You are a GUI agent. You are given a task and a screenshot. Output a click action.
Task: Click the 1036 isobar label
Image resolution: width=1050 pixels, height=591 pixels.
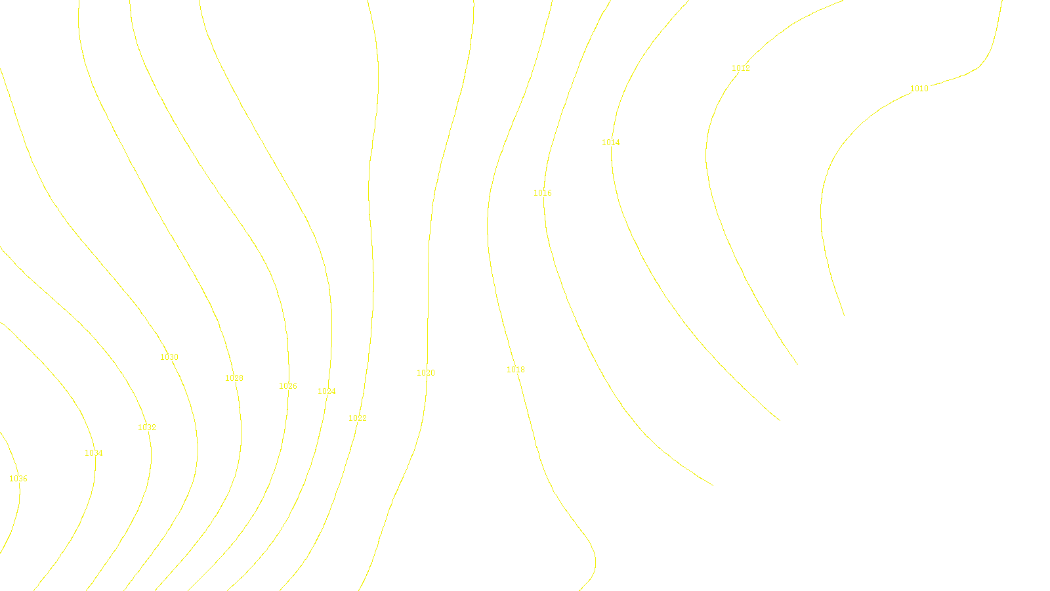pyautogui.click(x=18, y=479)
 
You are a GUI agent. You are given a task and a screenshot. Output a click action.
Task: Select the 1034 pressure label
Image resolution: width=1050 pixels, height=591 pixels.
pyautogui.click(x=94, y=453)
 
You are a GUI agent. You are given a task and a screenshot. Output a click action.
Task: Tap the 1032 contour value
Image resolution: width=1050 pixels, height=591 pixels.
pyautogui.click(x=147, y=427)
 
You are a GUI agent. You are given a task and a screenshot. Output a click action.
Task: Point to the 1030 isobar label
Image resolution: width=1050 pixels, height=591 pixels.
pyautogui.click(x=169, y=357)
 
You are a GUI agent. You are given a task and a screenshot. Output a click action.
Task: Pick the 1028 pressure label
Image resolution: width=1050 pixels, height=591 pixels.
pyautogui.click(x=234, y=378)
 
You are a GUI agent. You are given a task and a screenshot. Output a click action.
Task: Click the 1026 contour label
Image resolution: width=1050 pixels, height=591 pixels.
pyautogui.click(x=288, y=386)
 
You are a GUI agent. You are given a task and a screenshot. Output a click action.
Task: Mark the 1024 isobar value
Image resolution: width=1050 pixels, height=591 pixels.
pyautogui.click(x=327, y=391)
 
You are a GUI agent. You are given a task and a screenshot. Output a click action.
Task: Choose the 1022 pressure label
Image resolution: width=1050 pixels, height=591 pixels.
pyautogui.click(x=358, y=418)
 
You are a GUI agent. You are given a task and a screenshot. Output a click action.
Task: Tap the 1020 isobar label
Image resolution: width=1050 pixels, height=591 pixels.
pyautogui.click(x=426, y=373)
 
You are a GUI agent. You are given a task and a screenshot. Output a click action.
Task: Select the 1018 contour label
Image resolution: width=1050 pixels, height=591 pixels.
pyautogui.click(x=516, y=370)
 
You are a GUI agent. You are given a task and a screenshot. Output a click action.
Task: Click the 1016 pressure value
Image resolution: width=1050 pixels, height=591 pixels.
pyautogui.click(x=543, y=193)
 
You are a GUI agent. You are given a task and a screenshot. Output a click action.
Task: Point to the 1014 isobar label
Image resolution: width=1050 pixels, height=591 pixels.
pyautogui.click(x=611, y=142)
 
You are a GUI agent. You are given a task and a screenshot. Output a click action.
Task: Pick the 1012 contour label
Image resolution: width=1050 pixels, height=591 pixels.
pyautogui.click(x=741, y=68)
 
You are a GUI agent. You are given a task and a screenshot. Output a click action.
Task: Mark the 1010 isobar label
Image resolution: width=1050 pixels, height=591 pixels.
pyautogui.click(x=919, y=89)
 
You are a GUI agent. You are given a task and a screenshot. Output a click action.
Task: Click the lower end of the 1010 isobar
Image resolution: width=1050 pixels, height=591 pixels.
pyautogui.click(x=844, y=316)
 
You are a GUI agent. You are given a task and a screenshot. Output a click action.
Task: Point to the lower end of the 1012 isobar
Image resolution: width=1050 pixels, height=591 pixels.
pyautogui.click(x=797, y=365)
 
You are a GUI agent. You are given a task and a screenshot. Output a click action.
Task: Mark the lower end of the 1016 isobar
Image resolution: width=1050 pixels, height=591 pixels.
pyautogui.click(x=713, y=486)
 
